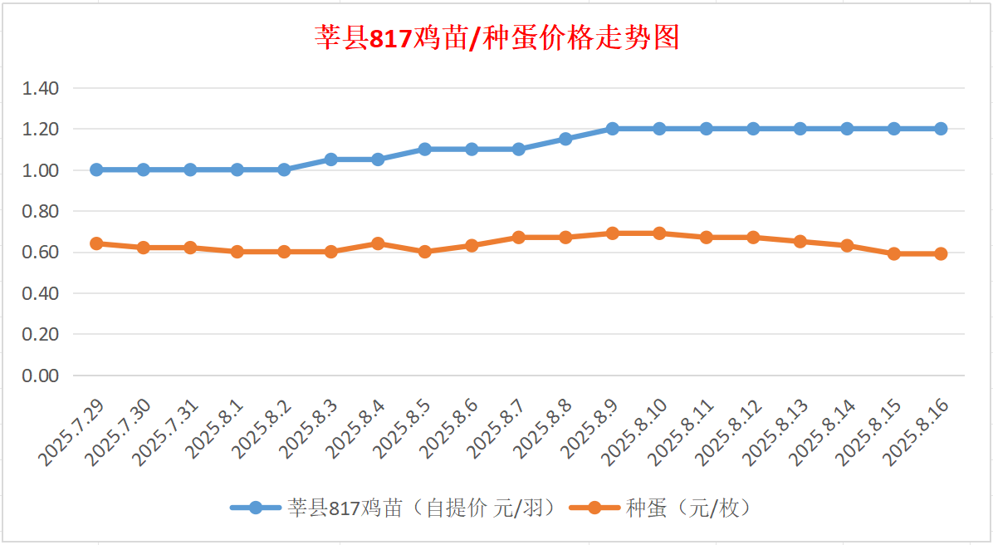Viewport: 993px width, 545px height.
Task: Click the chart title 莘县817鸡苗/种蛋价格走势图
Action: (x=497, y=37)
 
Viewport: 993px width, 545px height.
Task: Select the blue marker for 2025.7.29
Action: (x=96, y=169)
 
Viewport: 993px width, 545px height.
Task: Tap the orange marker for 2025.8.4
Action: (x=378, y=243)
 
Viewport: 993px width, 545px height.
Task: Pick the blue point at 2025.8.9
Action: (x=612, y=129)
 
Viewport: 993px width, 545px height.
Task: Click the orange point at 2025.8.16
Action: (x=941, y=254)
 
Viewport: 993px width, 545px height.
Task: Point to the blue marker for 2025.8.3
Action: (x=330, y=160)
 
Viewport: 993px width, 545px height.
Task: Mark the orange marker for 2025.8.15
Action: (x=893, y=254)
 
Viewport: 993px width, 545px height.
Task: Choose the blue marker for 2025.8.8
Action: (x=565, y=139)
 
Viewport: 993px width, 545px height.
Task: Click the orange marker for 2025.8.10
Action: (x=659, y=233)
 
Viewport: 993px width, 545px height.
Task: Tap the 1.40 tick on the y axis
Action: (x=42, y=88)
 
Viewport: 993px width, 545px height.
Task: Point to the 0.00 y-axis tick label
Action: (x=42, y=376)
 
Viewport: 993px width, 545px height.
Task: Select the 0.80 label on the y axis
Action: (x=42, y=211)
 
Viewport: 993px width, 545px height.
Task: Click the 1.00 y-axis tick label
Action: (x=42, y=170)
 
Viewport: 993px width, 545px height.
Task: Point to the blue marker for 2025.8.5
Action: (x=424, y=150)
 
